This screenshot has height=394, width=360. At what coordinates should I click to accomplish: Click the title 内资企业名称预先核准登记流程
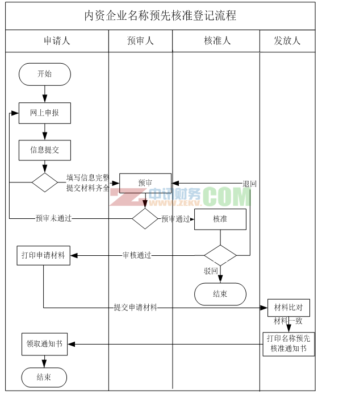[160, 16]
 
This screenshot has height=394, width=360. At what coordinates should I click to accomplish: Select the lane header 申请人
[57, 41]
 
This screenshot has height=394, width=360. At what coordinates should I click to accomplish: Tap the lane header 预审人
[140, 41]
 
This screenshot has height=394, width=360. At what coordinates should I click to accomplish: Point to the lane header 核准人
[217, 41]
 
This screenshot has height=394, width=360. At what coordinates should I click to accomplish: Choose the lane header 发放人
[287, 41]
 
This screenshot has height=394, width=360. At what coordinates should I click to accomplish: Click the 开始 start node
[44, 74]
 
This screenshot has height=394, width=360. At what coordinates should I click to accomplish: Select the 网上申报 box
[44, 113]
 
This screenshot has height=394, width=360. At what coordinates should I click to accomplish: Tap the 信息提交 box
[44, 150]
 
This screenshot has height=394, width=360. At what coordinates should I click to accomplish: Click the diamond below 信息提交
[44, 183]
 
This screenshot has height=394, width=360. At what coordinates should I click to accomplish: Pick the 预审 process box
[145, 183]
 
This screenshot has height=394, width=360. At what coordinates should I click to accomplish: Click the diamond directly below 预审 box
[145, 218]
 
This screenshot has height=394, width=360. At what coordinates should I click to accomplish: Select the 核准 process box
[220, 219]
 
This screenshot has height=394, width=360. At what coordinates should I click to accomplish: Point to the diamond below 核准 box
[220, 255]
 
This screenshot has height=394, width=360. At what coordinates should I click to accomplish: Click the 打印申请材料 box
[43, 255]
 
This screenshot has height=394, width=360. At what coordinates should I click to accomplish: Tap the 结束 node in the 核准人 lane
[220, 294]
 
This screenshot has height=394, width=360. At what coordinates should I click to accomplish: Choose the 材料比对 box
[288, 308]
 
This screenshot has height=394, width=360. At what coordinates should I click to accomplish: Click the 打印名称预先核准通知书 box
[288, 343]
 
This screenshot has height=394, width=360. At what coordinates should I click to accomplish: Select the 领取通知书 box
[44, 344]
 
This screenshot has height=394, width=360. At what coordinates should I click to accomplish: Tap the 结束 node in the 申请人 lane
[44, 377]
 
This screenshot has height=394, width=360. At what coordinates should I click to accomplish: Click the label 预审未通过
[53, 218]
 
